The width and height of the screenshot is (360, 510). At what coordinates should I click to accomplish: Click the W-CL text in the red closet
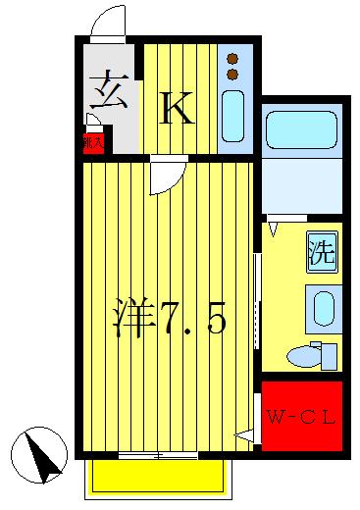click(x=301, y=417)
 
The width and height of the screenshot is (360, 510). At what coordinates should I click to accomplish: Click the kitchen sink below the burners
click(x=234, y=116)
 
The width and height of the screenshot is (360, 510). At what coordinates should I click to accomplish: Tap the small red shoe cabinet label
click(x=90, y=141)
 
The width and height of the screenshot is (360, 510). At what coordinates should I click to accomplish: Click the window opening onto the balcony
click(x=157, y=455)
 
